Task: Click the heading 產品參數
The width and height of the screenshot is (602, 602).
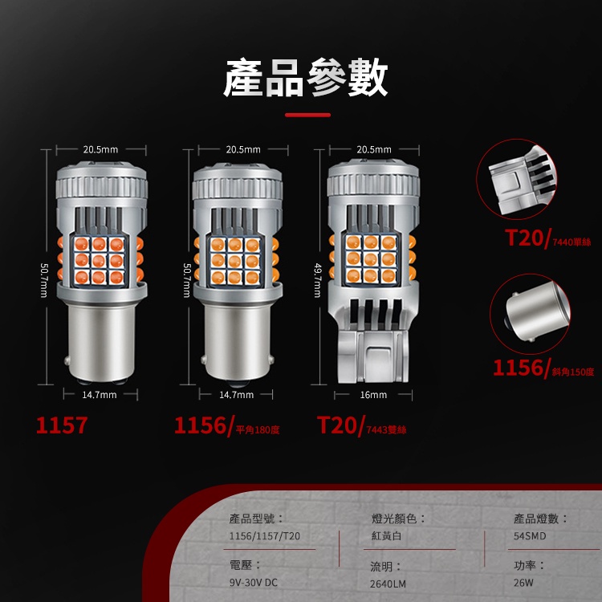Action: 305,78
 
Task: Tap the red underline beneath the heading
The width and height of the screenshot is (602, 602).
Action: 307,115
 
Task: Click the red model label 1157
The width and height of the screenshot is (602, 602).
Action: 62,425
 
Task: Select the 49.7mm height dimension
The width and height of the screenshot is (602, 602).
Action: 318,280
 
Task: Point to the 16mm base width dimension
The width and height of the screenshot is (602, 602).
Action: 373,395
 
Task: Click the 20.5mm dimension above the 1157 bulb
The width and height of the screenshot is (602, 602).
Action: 100,149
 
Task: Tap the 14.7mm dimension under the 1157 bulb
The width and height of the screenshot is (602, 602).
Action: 100,395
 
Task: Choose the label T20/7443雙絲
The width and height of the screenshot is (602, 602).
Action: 362,426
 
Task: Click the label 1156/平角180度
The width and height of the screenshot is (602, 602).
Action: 227,426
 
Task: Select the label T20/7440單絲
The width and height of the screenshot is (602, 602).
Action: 548,238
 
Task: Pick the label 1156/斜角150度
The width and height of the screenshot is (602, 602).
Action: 543,368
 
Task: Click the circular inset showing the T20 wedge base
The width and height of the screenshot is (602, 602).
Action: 516,179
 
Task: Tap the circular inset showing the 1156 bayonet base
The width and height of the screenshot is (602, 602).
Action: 531,314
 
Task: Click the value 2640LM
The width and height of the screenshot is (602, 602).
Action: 388,584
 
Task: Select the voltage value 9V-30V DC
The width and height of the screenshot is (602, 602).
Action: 253,583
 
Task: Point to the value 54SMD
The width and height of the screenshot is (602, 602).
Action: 530,536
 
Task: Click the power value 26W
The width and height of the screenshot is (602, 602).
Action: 523,583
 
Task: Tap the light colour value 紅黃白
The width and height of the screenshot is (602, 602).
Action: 387,536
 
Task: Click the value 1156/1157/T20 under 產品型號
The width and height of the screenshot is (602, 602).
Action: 265,536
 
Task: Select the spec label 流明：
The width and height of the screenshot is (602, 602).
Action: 386,567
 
